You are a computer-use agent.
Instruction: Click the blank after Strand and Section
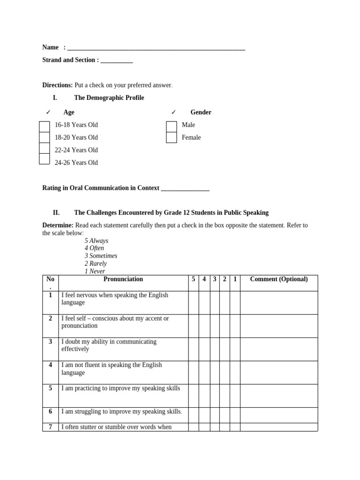click(117, 60)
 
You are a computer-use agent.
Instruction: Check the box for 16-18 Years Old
click(45, 126)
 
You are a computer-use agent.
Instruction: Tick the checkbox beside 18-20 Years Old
click(45, 137)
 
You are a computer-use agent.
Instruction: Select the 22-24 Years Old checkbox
click(45, 148)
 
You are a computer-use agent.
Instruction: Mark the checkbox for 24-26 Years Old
click(45, 159)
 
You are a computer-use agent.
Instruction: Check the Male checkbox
click(172, 126)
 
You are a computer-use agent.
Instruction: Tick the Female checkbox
click(172, 137)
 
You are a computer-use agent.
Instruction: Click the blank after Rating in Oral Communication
click(185, 188)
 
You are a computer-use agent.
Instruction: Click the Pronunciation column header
click(123, 279)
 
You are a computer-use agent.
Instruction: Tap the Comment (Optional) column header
click(279, 279)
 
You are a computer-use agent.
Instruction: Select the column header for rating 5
click(194, 279)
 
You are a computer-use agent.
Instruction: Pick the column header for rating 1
click(235, 279)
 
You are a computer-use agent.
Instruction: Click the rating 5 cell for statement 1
click(194, 302)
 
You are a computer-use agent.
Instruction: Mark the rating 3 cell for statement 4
click(215, 372)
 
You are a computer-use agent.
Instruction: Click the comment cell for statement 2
click(279, 326)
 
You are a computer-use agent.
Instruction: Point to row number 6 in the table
click(51, 412)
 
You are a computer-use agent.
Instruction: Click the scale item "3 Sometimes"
click(101, 256)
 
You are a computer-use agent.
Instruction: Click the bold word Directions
click(58, 85)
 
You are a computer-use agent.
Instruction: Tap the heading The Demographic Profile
click(109, 98)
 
